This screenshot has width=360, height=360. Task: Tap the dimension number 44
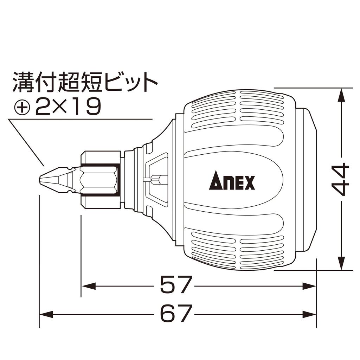[340, 179]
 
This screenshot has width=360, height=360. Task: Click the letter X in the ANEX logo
[249, 182]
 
